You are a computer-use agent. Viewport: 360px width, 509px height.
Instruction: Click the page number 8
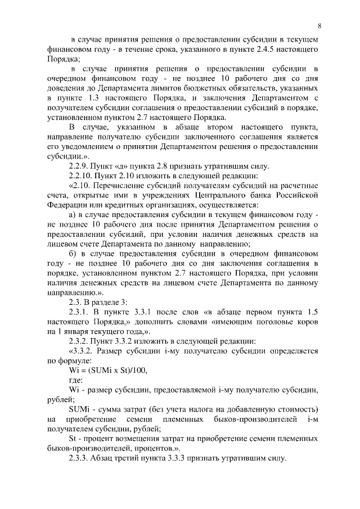click(x=319, y=26)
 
